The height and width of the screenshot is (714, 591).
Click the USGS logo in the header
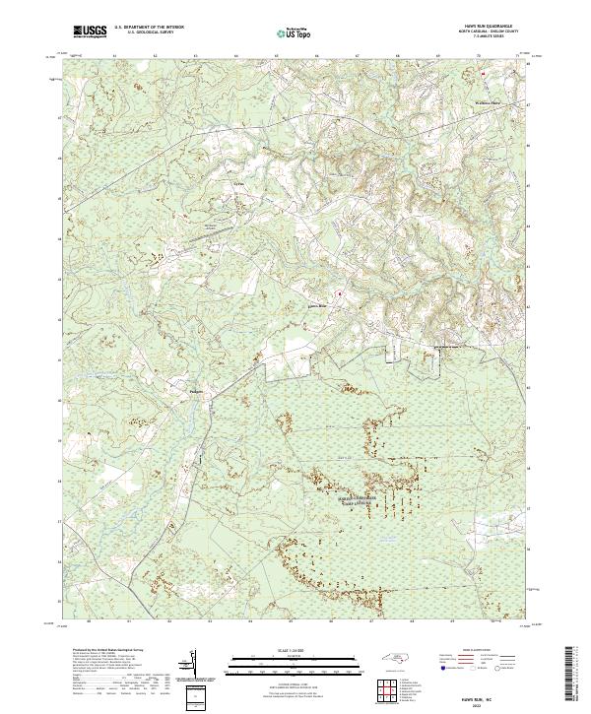[90, 32]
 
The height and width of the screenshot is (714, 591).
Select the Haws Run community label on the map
[316, 306]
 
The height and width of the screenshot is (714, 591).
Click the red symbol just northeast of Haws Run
[341, 293]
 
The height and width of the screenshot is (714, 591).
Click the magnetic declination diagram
[193, 666]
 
